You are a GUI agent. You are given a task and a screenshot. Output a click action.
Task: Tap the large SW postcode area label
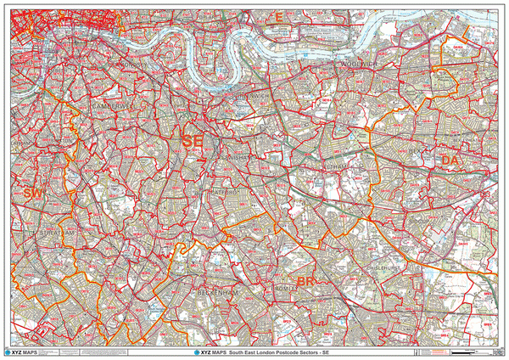(x=32, y=194)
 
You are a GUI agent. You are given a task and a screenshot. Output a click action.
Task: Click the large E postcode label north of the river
(x=276, y=27)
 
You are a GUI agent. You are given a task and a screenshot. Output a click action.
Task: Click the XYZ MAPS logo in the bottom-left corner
(x=20, y=351)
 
